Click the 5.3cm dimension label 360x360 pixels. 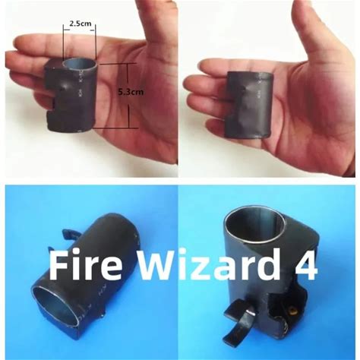point(131,92)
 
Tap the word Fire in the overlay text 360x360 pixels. point(85,265)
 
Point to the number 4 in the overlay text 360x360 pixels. point(306,265)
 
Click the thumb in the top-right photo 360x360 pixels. point(312,33)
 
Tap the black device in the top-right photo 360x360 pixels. point(249,105)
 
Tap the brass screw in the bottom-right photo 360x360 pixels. point(293,310)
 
